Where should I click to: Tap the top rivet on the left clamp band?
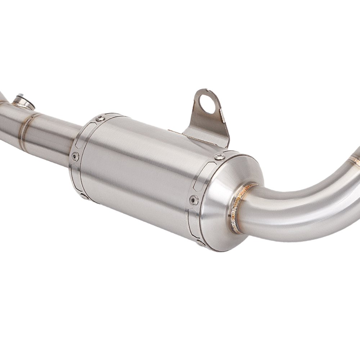coord(100,118)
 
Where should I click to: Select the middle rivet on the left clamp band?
coord(75,156)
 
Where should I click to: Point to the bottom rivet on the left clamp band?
coord(84,196)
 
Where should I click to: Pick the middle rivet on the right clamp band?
coord(194,200)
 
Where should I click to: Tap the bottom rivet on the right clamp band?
coord(200,243)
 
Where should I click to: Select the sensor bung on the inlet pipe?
coord(23,102)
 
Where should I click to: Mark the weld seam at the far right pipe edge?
coord(355,158)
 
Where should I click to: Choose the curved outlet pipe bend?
coord(302,209)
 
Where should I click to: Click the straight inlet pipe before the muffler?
coord(54,137)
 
